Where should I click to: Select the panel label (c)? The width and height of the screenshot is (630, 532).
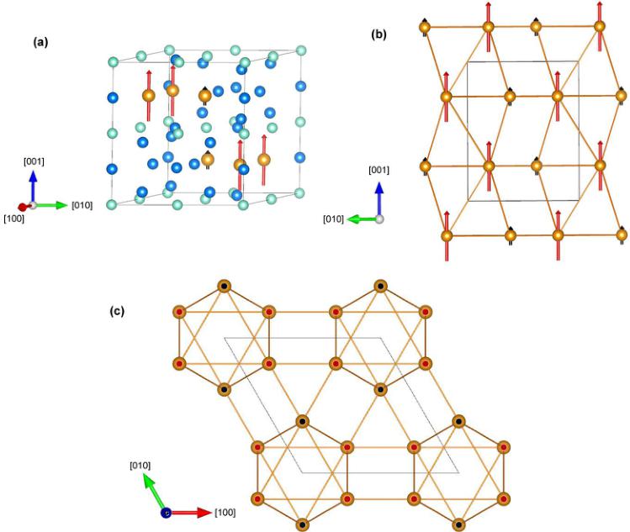[118, 310]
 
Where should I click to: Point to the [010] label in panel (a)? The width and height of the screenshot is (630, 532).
[82, 205]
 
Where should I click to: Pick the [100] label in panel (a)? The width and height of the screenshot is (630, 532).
[13, 219]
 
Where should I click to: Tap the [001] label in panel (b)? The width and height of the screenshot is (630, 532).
[379, 171]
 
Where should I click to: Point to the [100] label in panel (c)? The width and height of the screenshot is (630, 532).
[229, 512]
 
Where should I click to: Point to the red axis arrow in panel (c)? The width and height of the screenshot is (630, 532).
[191, 512]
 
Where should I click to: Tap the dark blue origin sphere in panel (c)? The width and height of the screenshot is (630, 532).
[167, 512]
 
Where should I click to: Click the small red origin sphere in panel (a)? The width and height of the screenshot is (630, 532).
[23, 207]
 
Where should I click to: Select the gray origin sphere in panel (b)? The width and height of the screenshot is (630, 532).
[380, 219]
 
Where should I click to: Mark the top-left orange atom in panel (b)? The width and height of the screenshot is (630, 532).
[426, 29]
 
